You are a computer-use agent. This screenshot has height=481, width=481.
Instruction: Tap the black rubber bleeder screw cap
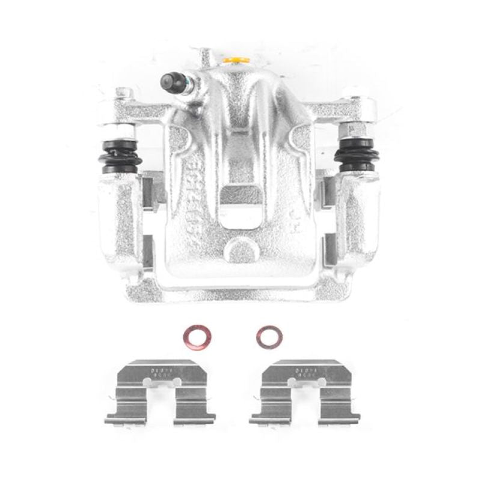click(x=170, y=80)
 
